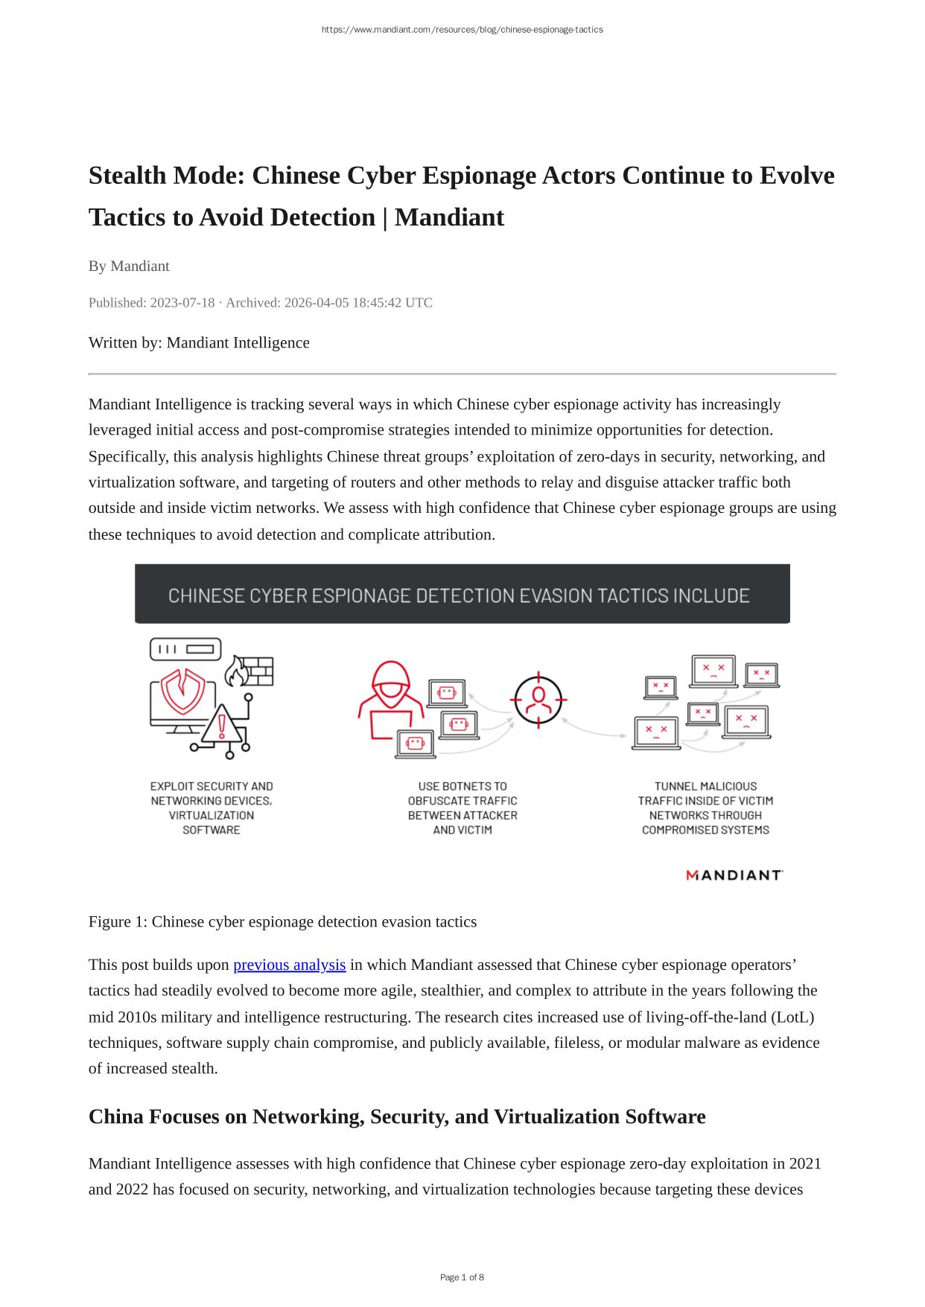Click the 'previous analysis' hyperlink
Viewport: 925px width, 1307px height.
tap(289, 965)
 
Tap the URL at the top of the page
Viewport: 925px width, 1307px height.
tap(462, 30)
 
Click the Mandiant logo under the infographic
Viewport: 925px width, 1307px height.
tap(734, 875)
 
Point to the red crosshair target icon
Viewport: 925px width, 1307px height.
tap(539, 699)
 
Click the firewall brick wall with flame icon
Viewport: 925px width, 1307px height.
tap(249, 671)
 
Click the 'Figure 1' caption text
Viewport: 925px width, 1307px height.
tap(282, 921)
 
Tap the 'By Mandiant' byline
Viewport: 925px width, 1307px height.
tap(129, 266)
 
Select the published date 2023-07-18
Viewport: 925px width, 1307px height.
tap(182, 302)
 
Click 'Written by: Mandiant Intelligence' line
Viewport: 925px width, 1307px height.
tap(199, 342)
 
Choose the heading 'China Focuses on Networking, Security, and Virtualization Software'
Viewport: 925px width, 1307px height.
tap(396, 1116)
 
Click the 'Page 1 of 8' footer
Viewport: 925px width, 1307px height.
tap(462, 1277)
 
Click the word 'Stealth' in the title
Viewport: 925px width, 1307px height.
tap(127, 176)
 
